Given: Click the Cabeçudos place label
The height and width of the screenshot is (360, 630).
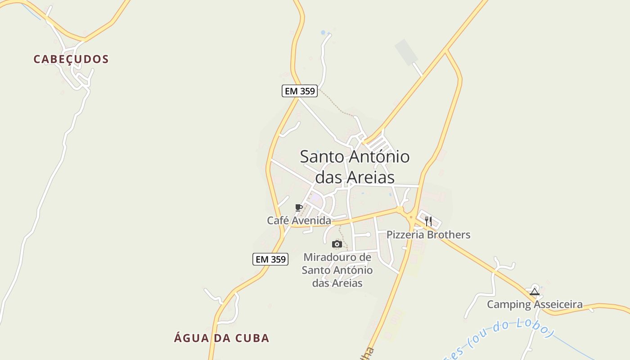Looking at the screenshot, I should point(71,59).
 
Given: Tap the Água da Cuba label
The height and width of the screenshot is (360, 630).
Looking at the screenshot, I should point(221,338).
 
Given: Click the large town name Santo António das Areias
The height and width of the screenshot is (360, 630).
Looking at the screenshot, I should point(355,166).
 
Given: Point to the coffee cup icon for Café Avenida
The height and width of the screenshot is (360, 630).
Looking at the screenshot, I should point(298,207).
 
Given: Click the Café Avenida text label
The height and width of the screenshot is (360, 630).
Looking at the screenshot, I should point(299,220).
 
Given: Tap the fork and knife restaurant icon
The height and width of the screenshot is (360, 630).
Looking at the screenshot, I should point(428,221).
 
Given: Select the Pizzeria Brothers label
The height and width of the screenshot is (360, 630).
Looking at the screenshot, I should point(428,234).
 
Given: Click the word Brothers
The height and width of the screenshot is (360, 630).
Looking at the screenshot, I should point(448,234).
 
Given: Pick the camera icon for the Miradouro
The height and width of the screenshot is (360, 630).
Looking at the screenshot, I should point(337,244).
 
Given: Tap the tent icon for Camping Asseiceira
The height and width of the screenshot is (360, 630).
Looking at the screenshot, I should point(535,292).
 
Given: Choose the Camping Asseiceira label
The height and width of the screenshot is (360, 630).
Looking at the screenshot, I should point(535,305).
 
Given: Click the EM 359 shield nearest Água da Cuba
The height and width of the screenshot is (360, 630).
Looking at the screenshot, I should point(270,259).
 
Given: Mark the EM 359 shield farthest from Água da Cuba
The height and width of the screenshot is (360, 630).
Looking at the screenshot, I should point(300,91).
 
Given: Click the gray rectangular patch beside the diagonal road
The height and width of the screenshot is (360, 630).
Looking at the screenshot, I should point(406,52).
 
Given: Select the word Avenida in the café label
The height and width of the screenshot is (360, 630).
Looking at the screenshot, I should point(311,220).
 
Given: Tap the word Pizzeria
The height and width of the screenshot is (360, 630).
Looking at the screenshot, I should point(405,234).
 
